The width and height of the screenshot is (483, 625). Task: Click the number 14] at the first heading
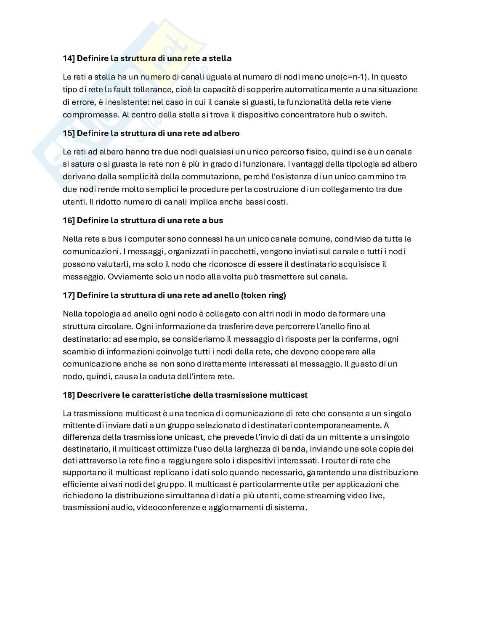69,59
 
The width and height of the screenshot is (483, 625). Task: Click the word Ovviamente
130,277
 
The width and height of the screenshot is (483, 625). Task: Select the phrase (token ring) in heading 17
263,295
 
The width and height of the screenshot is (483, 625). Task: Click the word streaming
324,496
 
